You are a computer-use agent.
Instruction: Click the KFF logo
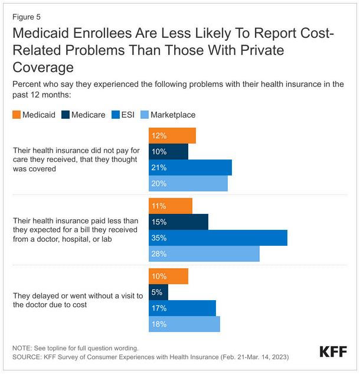333,352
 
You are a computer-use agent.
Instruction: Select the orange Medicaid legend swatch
16,115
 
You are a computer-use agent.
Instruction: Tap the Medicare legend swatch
64,115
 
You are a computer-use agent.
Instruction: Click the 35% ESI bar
218,238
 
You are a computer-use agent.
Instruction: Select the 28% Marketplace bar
204,254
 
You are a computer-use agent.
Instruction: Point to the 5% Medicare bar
158,292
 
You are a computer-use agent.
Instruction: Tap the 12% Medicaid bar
172,136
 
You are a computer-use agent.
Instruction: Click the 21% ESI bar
190,168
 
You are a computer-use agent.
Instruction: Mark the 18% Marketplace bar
184,324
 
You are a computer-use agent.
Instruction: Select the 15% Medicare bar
178,222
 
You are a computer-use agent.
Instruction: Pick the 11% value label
159,206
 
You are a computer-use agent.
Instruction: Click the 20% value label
159,184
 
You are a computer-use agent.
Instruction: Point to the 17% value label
159,308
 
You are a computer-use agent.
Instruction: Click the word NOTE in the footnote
22,348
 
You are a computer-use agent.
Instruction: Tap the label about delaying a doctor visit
77,300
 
